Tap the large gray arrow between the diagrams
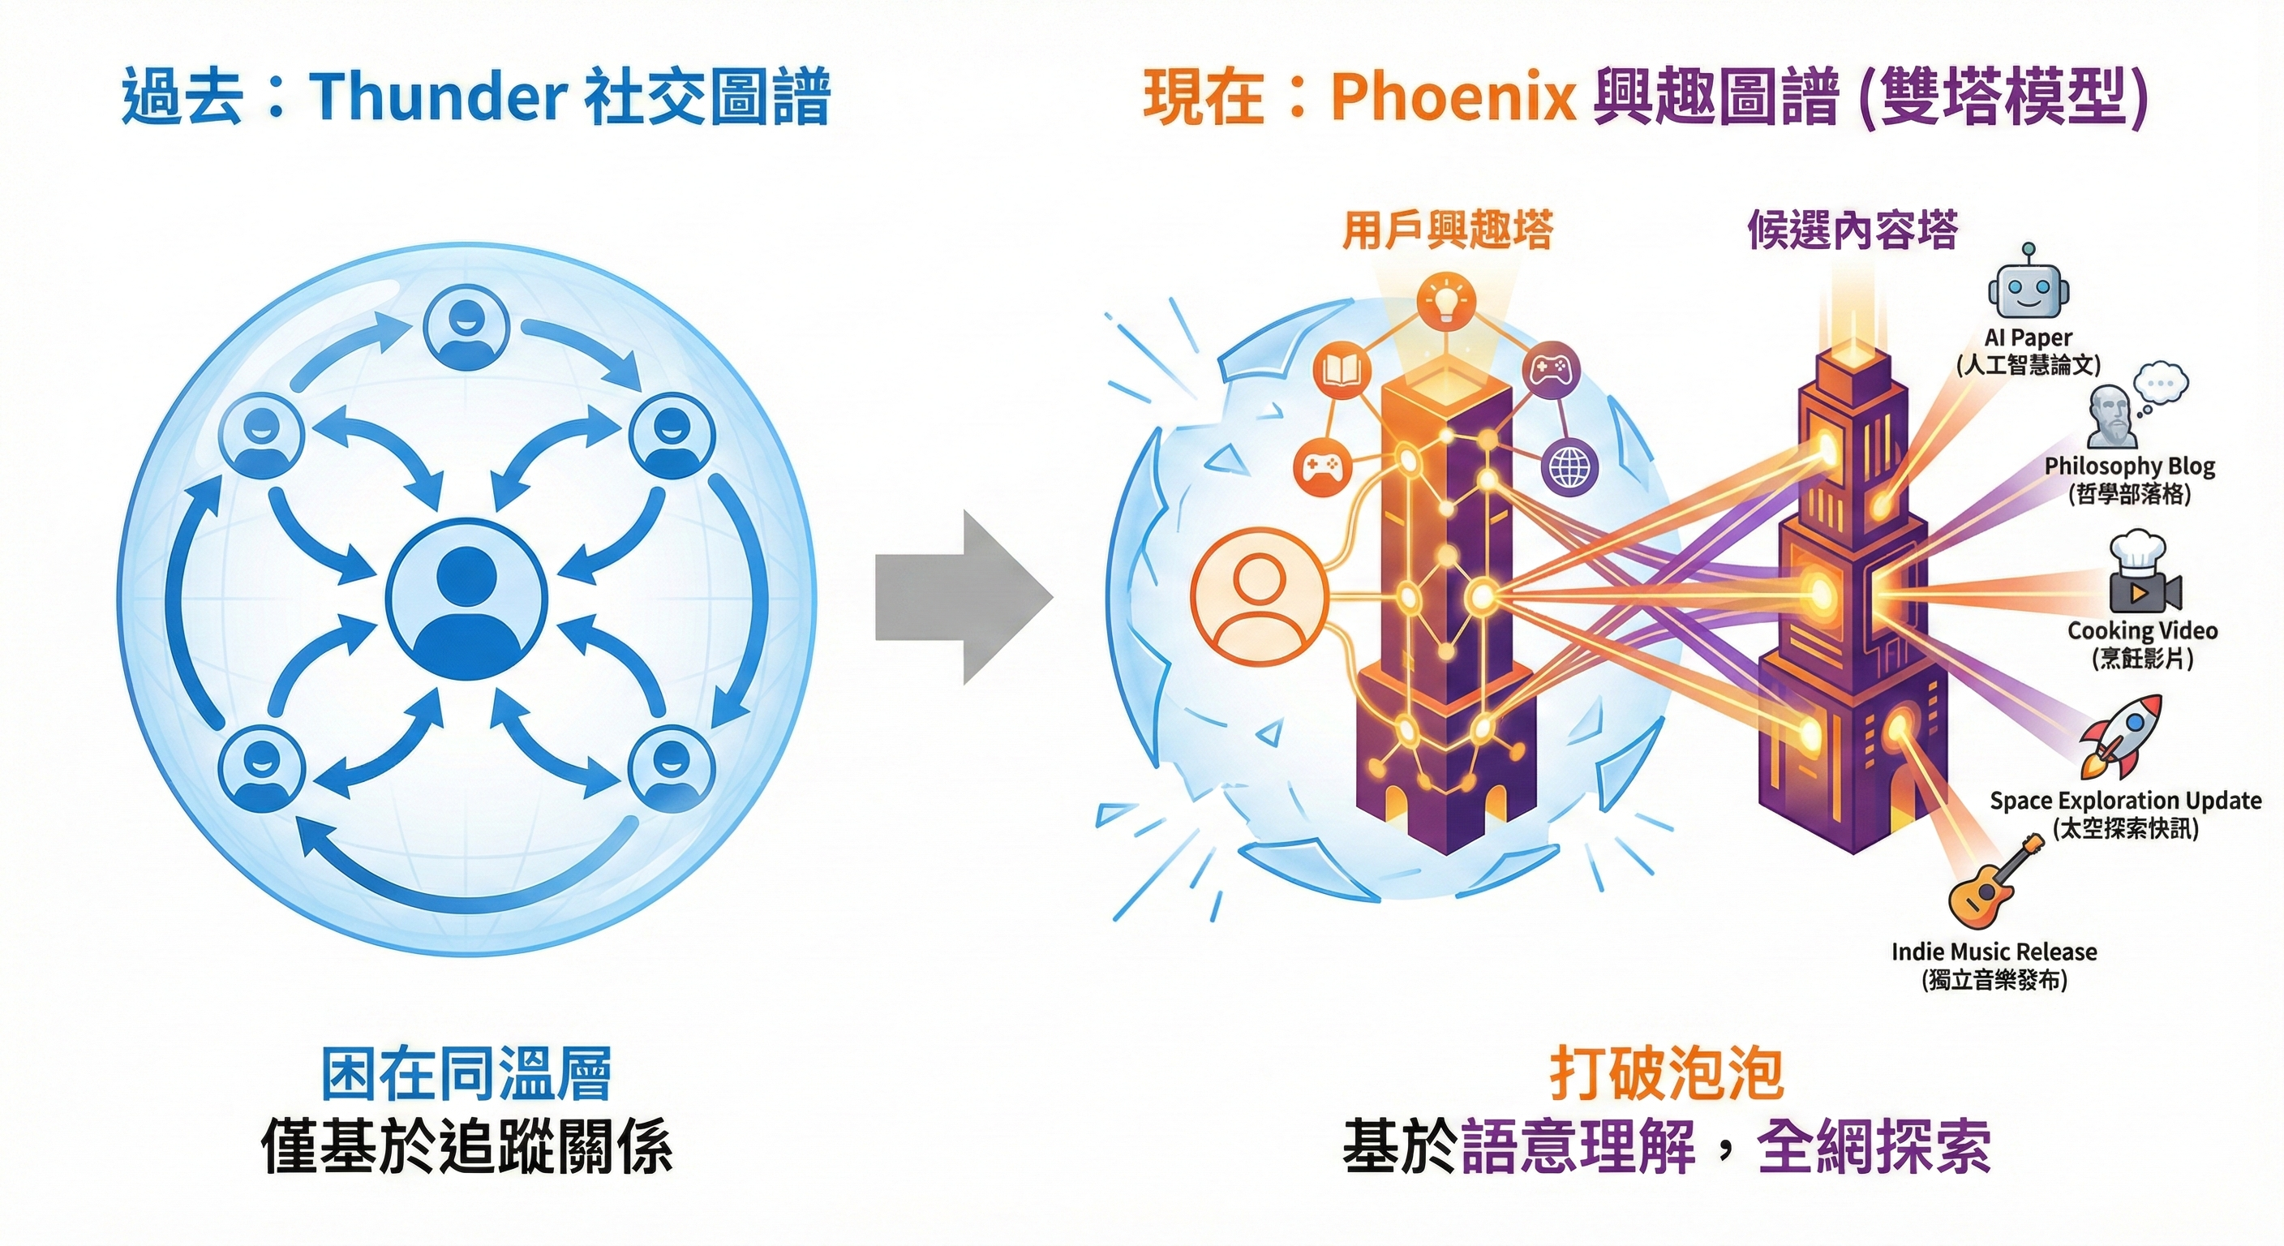pos(963,597)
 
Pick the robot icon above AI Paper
pos(2028,287)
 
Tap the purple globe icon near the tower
pos(1570,467)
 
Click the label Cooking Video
pos(2142,630)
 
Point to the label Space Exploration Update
pos(2125,801)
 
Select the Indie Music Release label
pos(1994,952)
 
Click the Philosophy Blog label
pos(2129,466)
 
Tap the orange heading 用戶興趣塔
pos(1447,230)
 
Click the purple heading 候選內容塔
pos(1853,230)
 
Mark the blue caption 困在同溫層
pos(466,1075)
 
